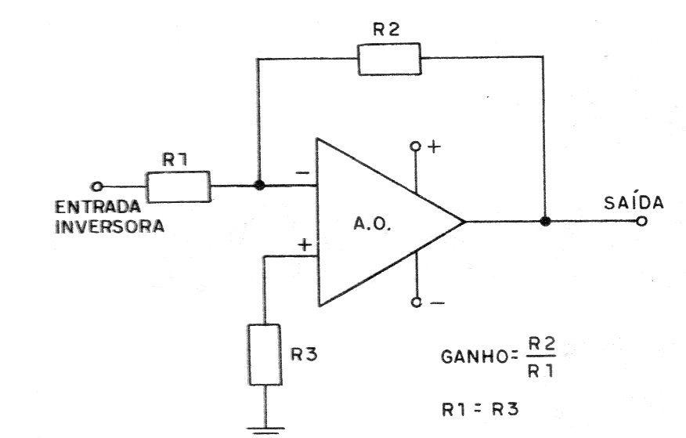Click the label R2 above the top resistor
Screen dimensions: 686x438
point(386,29)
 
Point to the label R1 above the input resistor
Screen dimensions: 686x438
point(175,159)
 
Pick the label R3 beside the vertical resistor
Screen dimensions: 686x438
point(304,354)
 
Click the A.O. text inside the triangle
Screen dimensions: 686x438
point(372,225)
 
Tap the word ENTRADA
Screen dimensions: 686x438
point(98,207)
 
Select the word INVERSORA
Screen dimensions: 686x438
point(110,226)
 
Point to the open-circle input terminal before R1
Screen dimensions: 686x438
point(96,186)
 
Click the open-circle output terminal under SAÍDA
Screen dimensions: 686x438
point(641,222)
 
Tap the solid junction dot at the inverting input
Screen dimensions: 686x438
point(259,185)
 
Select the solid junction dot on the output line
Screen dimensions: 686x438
point(545,221)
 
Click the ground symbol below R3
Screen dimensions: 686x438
point(265,431)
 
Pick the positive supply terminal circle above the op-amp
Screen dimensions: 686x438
point(415,146)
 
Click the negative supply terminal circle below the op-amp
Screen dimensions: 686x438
point(416,302)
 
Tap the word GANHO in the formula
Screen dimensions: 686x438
point(475,357)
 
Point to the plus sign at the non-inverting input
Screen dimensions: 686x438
point(305,244)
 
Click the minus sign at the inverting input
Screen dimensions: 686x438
point(302,173)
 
